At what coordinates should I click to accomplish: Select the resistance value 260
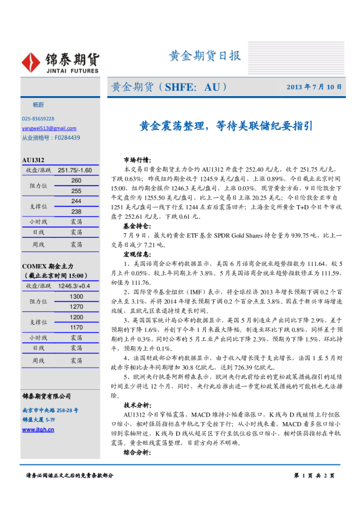point(76,181)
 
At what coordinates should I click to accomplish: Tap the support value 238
point(76,212)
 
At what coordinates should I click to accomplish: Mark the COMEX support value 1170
point(76,328)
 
